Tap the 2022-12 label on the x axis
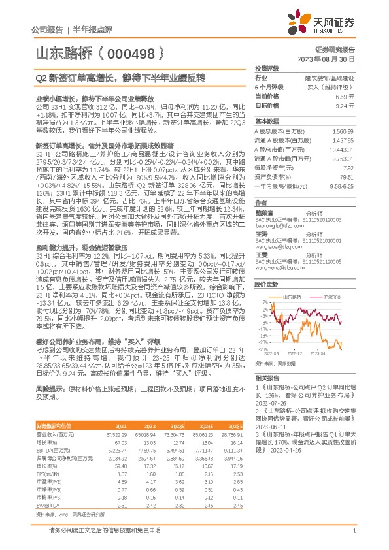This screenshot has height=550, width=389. tap(296, 353)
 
